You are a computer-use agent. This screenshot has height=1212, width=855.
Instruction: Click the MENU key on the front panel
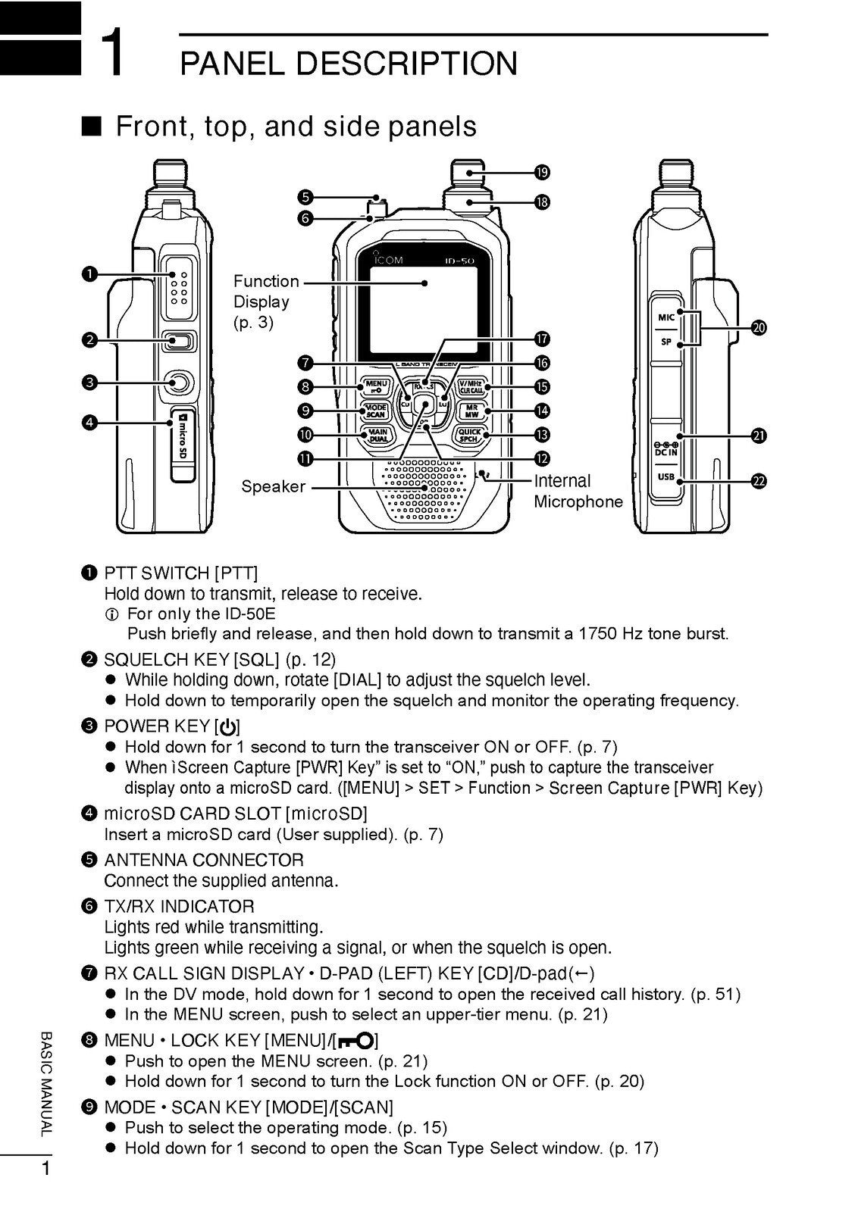pyautogui.click(x=377, y=387)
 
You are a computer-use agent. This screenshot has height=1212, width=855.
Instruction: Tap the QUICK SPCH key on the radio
pyautogui.click(x=469, y=435)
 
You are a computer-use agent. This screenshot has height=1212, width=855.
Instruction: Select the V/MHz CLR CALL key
pyautogui.click(x=471, y=387)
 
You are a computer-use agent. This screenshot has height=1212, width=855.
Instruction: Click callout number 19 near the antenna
pyautogui.click(x=543, y=173)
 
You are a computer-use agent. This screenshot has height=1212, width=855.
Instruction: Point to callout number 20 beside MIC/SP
pyautogui.click(x=759, y=327)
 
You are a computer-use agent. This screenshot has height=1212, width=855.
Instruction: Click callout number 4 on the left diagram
pyautogui.click(x=89, y=422)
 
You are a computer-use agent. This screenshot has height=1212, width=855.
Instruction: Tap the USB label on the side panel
pyautogui.click(x=666, y=477)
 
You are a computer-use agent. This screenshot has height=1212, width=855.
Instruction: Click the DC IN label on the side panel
pyautogui.click(x=666, y=452)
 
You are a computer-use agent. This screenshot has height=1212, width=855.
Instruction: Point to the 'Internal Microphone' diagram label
pyautogui.click(x=578, y=491)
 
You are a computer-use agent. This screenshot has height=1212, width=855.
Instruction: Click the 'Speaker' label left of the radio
pyautogui.click(x=273, y=487)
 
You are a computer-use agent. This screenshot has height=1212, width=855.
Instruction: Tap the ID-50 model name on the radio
pyautogui.click(x=460, y=262)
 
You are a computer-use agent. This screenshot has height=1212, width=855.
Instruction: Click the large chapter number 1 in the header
pyautogui.click(x=112, y=51)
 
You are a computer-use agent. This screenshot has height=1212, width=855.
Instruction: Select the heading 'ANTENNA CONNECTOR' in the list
pyautogui.click(x=203, y=860)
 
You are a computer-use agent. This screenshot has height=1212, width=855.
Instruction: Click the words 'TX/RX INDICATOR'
pyautogui.click(x=179, y=906)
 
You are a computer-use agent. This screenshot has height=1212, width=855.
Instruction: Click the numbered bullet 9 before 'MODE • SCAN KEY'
pyautogui.click(x=88, y=1107)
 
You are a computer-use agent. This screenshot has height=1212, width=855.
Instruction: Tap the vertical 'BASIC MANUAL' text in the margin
pyautogui.click(x=45, y=1083)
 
